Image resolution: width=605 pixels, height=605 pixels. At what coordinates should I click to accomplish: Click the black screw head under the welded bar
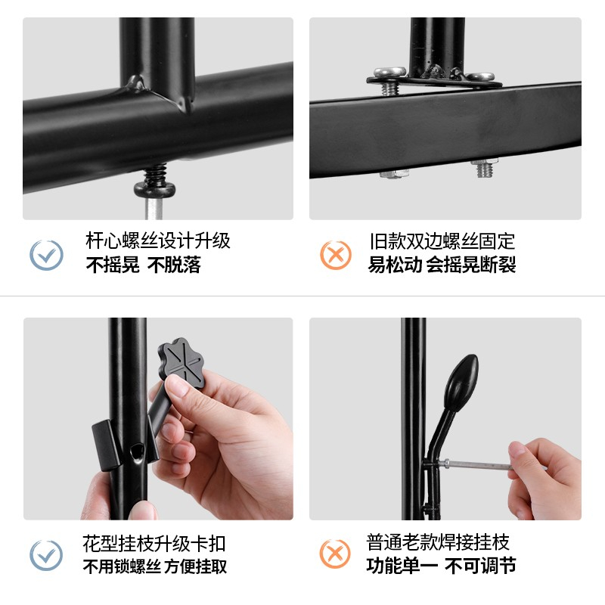point(155,190)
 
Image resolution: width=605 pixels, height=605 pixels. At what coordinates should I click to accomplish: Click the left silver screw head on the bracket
point(389,72)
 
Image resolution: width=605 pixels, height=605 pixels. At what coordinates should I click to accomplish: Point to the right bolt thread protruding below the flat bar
point(484,168)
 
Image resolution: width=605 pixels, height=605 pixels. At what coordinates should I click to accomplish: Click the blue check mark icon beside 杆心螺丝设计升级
point(46,255)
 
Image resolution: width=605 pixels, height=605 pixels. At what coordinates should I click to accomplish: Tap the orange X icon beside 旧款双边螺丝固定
point(336,255)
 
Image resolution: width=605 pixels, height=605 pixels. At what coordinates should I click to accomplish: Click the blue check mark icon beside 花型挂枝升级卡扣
point(46,555)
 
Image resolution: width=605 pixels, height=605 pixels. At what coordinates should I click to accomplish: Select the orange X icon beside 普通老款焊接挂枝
point(335,554)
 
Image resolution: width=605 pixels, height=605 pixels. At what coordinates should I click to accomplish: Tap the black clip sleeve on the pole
point(104,445)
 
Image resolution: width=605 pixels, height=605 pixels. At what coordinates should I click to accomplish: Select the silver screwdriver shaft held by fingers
point(476,464)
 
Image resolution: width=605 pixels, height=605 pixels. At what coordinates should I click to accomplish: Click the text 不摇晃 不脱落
point(143,265)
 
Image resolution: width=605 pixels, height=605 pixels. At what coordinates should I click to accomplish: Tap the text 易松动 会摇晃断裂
point(442,265)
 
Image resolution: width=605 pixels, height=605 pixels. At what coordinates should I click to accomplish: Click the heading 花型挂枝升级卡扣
point(154,544)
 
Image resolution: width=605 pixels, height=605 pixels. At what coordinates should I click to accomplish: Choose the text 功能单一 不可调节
point(441,566)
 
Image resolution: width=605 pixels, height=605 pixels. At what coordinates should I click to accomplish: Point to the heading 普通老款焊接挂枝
point(438,542)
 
